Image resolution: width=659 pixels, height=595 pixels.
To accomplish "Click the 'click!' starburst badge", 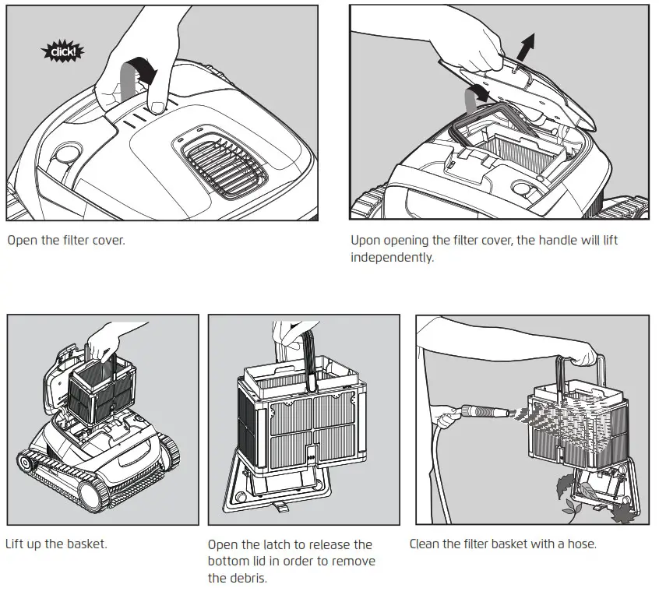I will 62,52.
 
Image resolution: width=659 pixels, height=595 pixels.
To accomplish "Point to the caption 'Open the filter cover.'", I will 66,240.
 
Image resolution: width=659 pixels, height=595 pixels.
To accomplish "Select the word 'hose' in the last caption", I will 580,544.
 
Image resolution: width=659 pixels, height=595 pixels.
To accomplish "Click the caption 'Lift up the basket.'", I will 56,544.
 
